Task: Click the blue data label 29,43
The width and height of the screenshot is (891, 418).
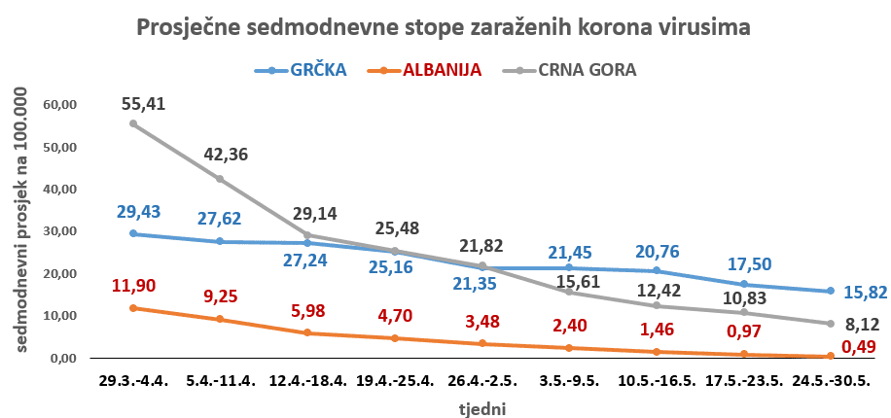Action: (137, 211)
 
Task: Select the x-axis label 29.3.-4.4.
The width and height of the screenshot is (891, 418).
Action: (130, 382)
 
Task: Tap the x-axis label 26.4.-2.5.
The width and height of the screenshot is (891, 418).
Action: (481, 382)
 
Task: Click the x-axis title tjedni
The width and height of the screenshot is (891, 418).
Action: (482, 408)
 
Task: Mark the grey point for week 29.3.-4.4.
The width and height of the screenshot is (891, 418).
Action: (132, 123)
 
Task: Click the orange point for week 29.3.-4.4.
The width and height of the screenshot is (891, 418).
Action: (132, 308)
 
